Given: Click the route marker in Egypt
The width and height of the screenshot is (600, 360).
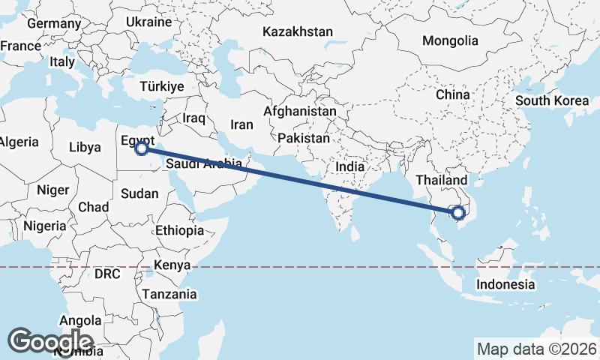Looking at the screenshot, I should click(140, 148).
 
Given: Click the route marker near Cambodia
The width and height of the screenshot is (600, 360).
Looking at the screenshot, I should click(458, 213).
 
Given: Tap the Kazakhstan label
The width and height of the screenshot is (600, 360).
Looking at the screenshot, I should click(298, 32).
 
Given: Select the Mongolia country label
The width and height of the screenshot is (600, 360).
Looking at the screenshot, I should click(450, 40).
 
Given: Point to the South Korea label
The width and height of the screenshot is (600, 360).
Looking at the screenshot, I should click(552, 100).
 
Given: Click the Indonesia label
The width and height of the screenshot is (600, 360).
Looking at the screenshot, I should click(506, 284).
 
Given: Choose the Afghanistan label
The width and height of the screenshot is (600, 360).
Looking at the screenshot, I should click(300, 111).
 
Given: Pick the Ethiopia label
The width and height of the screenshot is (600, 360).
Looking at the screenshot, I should click(179, 230).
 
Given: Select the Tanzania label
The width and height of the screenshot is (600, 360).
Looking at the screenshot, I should click(170, 294).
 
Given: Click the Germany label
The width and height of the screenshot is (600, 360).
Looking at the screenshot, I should click(53, 23).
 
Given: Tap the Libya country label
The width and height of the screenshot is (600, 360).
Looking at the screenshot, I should click(84, 148).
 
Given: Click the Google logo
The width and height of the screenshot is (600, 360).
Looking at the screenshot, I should click(51, 341).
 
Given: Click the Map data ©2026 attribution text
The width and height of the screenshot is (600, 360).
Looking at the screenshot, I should click(536, 349).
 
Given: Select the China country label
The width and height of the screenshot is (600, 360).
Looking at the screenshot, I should click(453, 95).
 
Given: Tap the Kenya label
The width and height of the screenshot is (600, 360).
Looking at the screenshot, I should click(172, 265).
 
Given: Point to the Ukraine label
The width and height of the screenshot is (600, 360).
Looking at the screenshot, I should click(148, 22).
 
